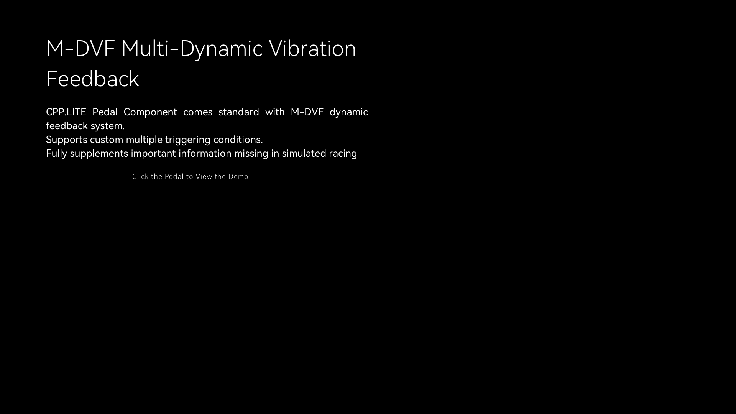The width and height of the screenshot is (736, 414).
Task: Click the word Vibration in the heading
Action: coord(312,49)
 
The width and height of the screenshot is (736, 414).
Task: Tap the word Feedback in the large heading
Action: coord(92,79)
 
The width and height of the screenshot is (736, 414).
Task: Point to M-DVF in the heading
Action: coord(80,49)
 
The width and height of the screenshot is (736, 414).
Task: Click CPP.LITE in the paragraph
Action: coord(66,112)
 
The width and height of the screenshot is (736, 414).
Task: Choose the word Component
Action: coord(150,112)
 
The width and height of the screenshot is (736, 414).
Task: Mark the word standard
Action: coord(239,112)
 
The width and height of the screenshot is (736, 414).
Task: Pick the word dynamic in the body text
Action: coord(349,112)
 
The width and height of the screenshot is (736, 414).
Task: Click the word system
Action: coord(108,126)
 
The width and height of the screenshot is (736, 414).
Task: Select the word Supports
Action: coord(67,140)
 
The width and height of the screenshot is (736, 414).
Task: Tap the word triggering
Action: coord(188,140)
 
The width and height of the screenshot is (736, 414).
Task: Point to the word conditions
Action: coord(238,140)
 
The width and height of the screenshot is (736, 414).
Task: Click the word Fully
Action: coord(56,154)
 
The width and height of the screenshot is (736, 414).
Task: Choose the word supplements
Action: coord(99,154)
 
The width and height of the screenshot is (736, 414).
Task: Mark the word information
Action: coord(205,153)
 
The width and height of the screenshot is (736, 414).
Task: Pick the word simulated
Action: coord(304,153)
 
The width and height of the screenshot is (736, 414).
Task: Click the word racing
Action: coord(343,154)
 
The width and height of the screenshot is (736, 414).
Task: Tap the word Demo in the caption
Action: coord(238,177)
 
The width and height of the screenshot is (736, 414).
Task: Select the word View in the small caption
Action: coord(204,177)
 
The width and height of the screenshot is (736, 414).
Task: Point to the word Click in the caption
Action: coord(140,177)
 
